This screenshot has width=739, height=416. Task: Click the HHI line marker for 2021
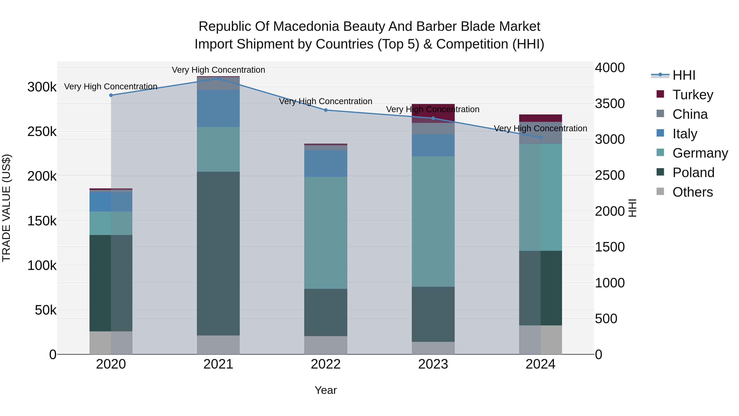point(218,78)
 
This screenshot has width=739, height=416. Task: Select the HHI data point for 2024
point(540,137)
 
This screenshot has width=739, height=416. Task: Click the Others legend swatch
point(660,191)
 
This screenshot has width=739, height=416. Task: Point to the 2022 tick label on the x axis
point(326,364)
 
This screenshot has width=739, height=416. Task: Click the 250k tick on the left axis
point(42,132)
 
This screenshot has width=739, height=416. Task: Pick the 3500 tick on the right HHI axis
point(610,104)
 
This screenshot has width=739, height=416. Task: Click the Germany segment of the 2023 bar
point(433,221)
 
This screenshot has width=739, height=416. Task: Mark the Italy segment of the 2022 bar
point(326,163)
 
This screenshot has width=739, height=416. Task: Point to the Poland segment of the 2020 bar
point(111,283)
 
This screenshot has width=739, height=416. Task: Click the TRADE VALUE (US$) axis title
point(7,208)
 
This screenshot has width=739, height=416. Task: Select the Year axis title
point(326,390)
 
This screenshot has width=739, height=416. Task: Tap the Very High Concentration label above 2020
point(111,86)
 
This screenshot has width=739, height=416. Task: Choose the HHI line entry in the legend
point(684,75)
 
